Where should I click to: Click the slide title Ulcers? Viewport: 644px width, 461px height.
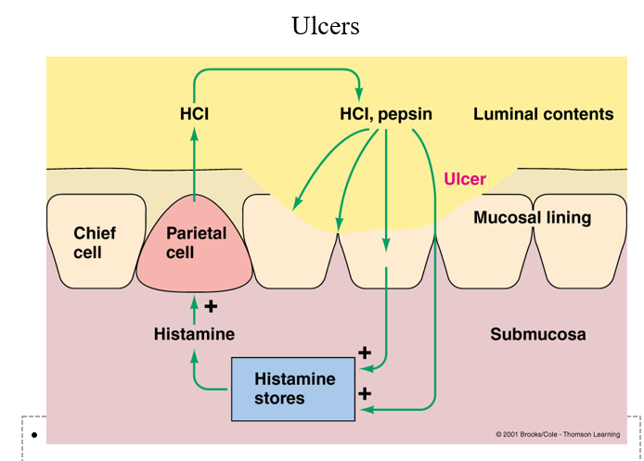tap(325, 25)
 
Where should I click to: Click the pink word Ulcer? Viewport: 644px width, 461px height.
tap(465, 179)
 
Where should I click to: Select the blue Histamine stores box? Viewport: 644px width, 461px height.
tap(294, 389)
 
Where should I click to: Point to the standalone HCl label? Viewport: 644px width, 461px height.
tap(195, 115)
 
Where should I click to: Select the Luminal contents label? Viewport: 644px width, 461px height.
tap(543, 115)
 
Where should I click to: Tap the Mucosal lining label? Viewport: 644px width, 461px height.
tap(532, 218)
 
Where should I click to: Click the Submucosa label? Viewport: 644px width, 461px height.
tap(537, 334)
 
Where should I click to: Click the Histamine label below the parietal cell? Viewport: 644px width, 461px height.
tap(194, 334)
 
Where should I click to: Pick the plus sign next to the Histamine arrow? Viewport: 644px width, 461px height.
tap(211, 305)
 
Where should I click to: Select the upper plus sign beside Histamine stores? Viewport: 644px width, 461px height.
tap(365, 353)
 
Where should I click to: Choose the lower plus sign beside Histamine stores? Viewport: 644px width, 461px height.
tap(365, 393)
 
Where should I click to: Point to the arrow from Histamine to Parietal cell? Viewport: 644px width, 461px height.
tap(194, 309)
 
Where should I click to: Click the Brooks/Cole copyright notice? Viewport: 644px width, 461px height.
tap(556, 434)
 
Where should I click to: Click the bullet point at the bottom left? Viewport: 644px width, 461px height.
tap(33, 435)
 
